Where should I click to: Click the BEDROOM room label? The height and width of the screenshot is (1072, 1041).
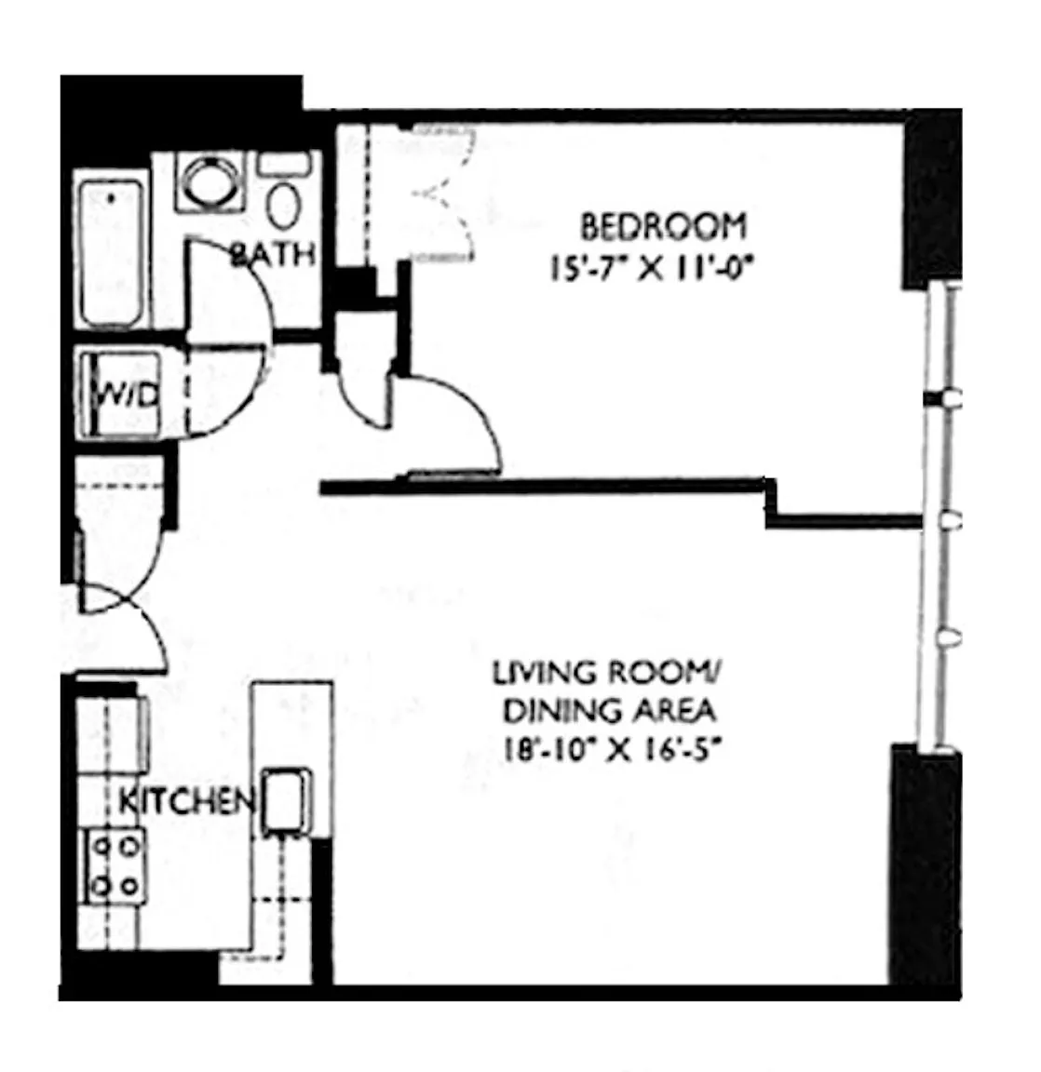pos(663,227)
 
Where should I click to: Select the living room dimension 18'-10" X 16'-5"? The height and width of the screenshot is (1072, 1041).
pos(613,749)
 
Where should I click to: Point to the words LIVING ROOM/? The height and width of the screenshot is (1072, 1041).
pos(604,673)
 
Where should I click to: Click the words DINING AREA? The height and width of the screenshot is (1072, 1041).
pos(609,711)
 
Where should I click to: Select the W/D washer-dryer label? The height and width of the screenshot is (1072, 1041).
pos(128,395)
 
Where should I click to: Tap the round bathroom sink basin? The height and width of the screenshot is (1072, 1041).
pos(205,181)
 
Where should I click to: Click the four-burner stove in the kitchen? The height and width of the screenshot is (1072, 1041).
pos(115,865)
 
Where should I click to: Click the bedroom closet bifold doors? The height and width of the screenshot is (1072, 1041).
pos(444,194)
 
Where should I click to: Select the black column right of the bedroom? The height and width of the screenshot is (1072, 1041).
pos(933,198)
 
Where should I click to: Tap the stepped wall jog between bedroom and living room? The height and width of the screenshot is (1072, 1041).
pos(772,503)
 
